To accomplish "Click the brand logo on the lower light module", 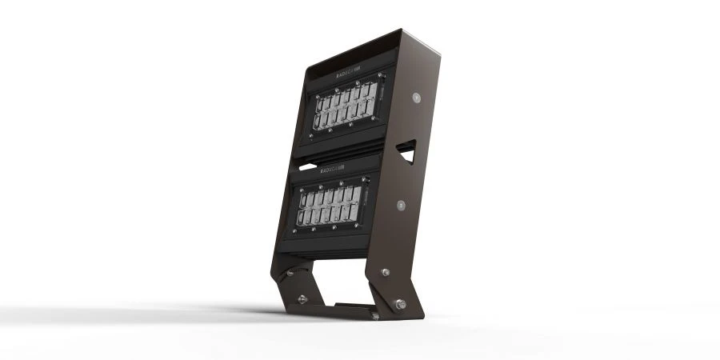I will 330,170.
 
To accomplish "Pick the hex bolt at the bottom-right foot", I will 398,304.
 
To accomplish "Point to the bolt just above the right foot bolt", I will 386,273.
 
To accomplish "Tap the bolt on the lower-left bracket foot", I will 302,299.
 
